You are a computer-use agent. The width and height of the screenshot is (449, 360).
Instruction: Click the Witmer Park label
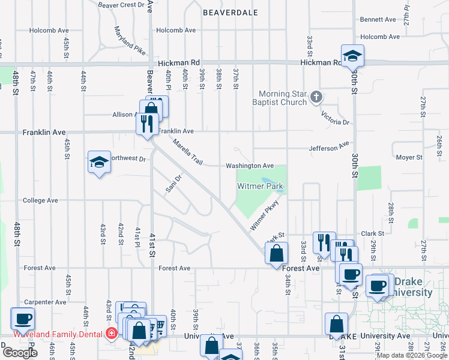coord(260,187)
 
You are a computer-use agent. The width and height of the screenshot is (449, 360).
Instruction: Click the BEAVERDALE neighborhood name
coord(231,12)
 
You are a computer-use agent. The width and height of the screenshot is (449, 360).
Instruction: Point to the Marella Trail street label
coord(188,152)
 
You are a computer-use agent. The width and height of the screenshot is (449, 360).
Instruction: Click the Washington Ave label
coord(250,166)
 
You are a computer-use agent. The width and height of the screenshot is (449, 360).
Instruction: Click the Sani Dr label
coord(173,185)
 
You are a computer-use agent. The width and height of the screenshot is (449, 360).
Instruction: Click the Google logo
coord(20,353)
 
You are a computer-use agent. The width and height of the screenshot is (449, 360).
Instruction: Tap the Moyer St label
coord(409,157)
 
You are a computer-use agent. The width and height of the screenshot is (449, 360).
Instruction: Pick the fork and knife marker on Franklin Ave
coord(145,124)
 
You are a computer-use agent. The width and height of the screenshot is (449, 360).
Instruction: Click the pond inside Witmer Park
coord(267,181)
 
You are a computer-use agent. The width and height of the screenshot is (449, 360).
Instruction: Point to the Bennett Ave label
coord(378,20)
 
